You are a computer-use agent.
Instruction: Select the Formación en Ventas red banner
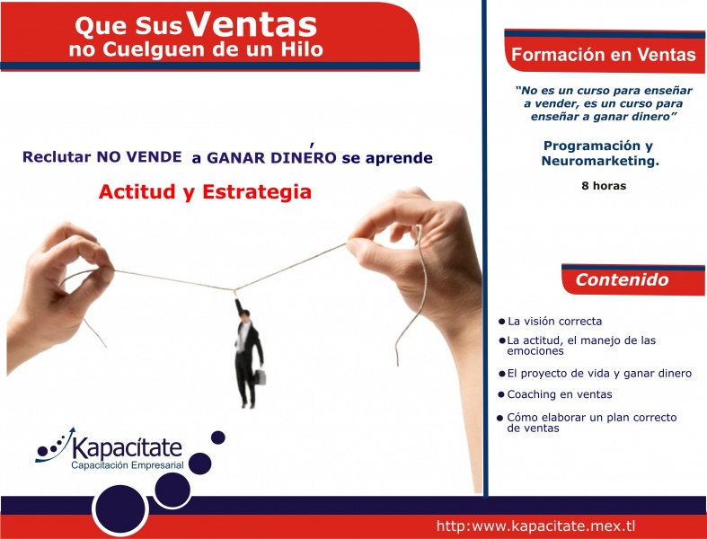(x=603, y=55)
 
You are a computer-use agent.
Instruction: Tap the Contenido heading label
(x=622, y=279)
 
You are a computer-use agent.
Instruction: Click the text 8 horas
(x=603, y=186)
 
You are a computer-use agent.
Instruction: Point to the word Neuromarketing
(x=599, y=161)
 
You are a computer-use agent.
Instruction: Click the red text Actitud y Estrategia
(x=205, y=191)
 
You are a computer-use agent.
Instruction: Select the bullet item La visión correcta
(x=554, y=321)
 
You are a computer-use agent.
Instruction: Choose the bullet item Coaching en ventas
(x=560, y=394)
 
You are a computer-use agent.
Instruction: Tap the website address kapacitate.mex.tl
(x=536, y=525)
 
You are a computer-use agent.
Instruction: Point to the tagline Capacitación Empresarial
(x=128, y=465)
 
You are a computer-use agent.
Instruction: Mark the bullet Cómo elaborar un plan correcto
(x=590, y=422)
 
